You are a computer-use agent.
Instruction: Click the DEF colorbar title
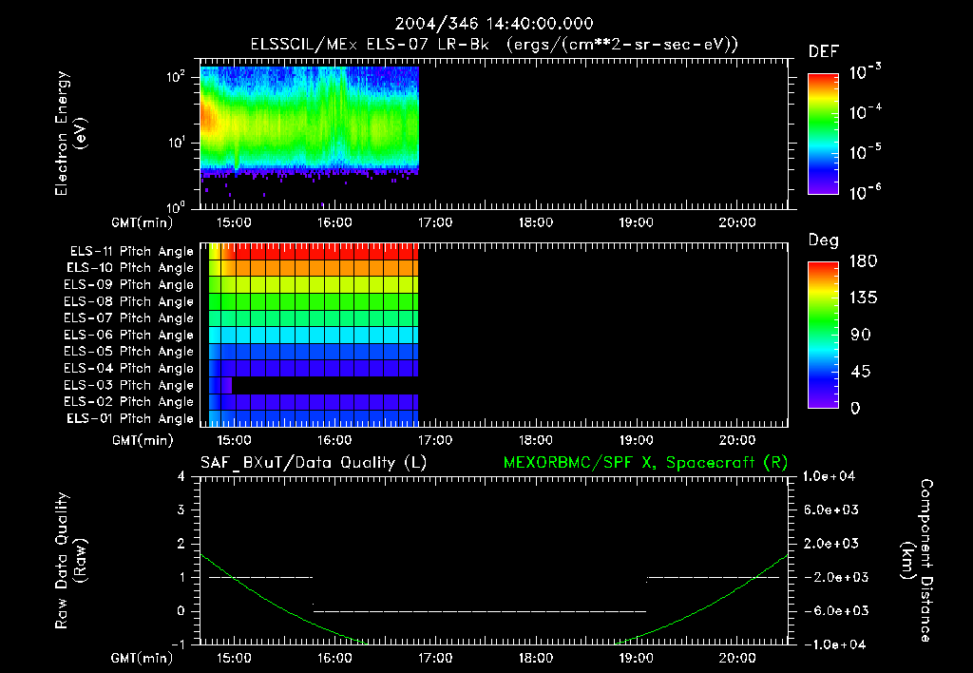(x=823, y=51)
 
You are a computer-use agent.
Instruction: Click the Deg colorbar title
(x=823, y=240)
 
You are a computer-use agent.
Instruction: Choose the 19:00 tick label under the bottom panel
(x=636, y=657)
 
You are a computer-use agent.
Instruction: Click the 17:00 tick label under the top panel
(x=435, y=221)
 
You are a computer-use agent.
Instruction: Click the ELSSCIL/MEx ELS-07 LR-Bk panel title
(x=494, y=44)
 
